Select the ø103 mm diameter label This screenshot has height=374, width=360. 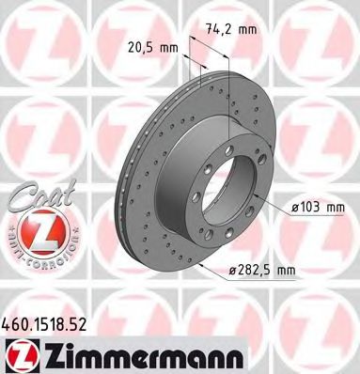point(310,208)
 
